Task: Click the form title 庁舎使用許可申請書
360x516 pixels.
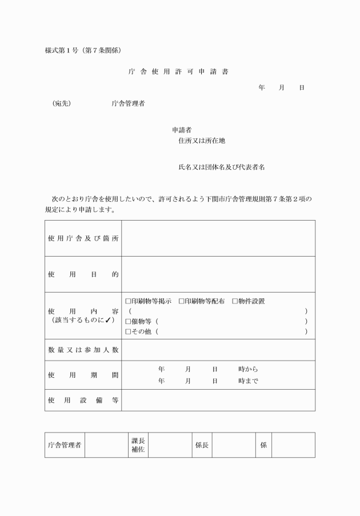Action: pyautogui.click(x=179, y=72)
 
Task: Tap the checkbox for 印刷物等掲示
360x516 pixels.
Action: pyautogui.click(x=128, y=301)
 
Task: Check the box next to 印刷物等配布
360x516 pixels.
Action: pyautogui.click(x=181, y=301)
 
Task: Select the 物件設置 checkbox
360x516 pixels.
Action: pyautogui.click(x=235, y=301)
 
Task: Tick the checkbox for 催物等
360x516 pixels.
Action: pyautogui.click(x=128, y=321)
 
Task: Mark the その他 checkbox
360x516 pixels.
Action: pyautogui.click(x=128, y=331)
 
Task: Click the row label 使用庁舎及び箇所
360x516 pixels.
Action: pyautogui.click(x=83, y=238)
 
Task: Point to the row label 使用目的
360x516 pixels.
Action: pyautogui.click(x=83, y=274)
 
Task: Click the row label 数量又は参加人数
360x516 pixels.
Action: pyautogui.click(x=83, y=350)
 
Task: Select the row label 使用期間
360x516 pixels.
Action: pyautogui.click(x=83, y=375)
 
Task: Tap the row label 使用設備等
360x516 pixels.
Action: pyautogui.click(x=83, y=401)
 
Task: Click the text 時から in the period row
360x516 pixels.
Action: pyautogui.click(x=249, y=369)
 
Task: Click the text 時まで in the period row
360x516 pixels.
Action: pyautogui.click(x=249, y=381)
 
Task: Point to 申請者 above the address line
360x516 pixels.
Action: pyautogui.click(x=174, y=130)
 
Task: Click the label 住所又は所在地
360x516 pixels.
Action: pyautogui.click(x=206, y=141)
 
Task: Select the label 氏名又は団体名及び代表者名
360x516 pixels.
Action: pyautogui.click(x=221, y=167)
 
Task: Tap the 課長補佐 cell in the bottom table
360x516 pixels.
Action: pyautogui.click(x=138, y=445)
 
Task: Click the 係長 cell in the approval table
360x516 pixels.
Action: pyautogui.click(x=202, y=445)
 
